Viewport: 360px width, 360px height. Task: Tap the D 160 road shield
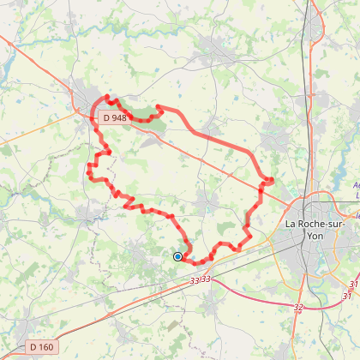[x=40, y=346]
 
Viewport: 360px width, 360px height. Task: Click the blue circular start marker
[x=177, y=255]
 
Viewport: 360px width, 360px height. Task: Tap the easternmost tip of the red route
[x=272, y=180]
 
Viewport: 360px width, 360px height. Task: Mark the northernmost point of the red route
[x=107, y=97]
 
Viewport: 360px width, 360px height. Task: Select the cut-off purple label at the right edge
[x=356, y=189]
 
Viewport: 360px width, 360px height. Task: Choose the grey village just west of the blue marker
[x=141, y=253]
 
